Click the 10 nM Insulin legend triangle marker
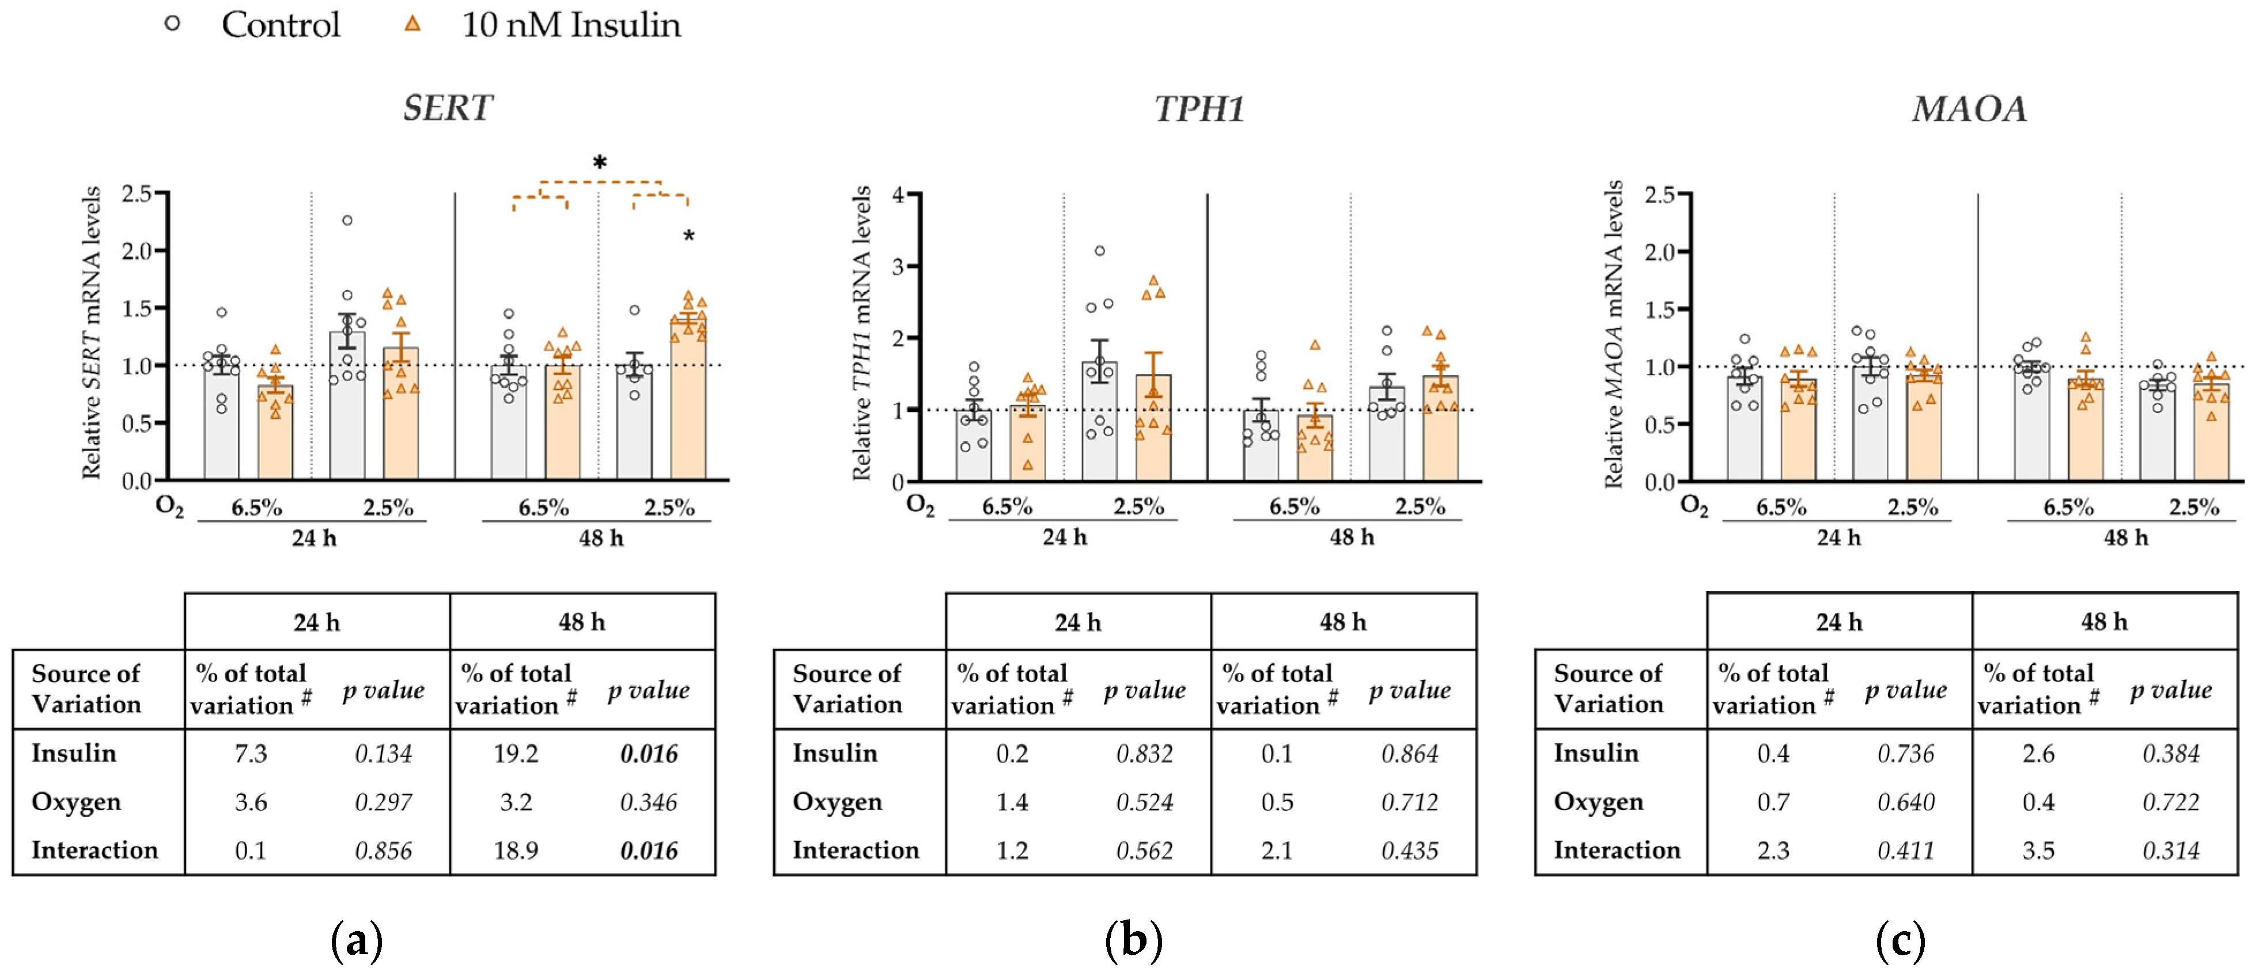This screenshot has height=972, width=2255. [x=413, y=24]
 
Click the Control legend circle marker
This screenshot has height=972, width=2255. [x=172, y=24]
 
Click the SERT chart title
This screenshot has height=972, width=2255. [x=447, y=108]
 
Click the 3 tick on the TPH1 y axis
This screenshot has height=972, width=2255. [x=898, y=266]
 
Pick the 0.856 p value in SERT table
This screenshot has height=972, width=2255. [x=384, y=851]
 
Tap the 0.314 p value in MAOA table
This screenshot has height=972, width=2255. [x=2170, y=851]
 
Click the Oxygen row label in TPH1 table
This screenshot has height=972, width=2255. [x=837, y=802]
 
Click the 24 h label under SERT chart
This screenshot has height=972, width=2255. [x=313, y=538]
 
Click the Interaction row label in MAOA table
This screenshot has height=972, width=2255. [x=1616, y=850]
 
